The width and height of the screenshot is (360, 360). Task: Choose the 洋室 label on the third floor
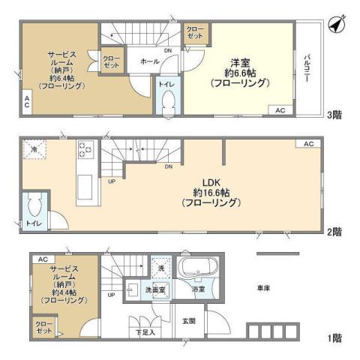239,63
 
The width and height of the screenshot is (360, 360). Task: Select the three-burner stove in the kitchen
85,150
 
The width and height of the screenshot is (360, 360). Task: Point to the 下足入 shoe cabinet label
145,332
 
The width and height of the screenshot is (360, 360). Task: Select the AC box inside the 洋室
280,110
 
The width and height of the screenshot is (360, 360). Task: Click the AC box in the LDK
308,143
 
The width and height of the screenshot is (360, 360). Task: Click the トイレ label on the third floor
166,85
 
